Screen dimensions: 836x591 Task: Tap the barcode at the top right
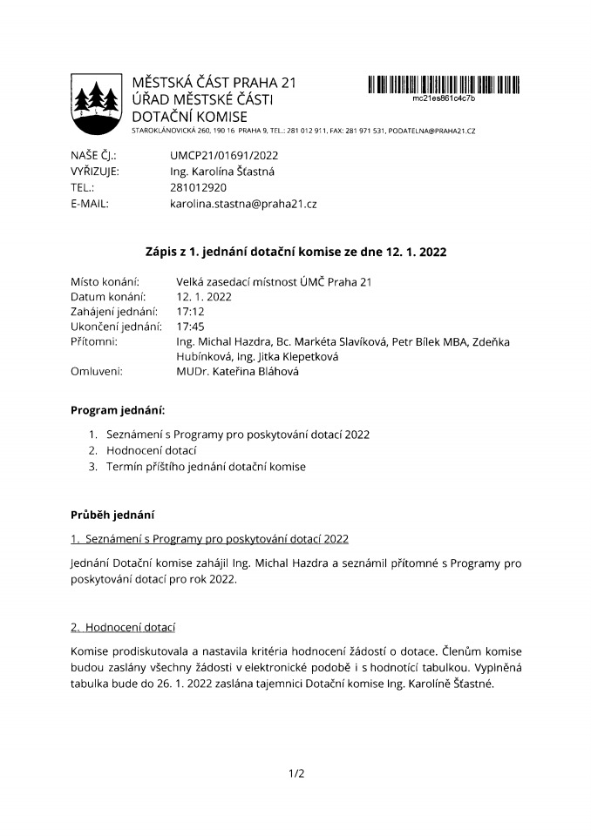tap(444, 84)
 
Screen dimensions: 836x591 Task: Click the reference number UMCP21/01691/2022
tap(225, 155)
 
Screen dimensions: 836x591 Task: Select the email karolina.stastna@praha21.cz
tap(243, 204)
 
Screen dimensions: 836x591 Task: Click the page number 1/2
tap(295, 772)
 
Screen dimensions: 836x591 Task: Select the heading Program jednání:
tap(118, 409)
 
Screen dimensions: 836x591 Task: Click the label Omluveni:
tap(97, 372)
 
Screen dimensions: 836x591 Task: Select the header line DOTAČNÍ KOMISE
tap(189, 117)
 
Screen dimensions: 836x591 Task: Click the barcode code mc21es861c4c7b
tap(444, 98)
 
